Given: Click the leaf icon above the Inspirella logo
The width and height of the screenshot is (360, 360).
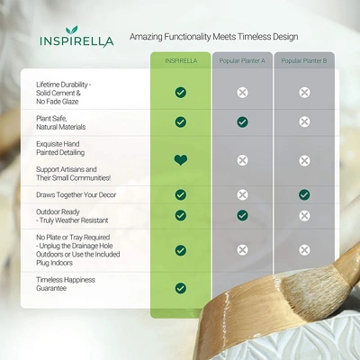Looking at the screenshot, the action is (x=72, y=30).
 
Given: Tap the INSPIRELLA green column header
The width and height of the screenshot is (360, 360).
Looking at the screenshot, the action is (x=181, y=61).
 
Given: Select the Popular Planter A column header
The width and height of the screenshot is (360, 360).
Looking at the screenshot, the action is (x=242, y=61).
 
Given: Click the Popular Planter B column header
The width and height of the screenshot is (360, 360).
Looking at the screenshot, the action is (x=304, y=61).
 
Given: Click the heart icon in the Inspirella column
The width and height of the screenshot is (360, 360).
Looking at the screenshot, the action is (x=181, y=160).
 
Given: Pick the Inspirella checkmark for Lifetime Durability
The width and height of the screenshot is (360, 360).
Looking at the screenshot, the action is (x=181, y=93).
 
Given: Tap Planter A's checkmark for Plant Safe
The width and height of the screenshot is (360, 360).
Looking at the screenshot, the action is (x=242, y=122).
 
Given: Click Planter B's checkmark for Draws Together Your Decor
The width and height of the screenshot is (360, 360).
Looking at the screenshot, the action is (x=304, y=194).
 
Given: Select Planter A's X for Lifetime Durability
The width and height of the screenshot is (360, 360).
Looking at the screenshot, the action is (x=242, y=93).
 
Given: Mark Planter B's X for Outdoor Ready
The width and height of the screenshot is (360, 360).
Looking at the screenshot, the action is (x=304, y=216).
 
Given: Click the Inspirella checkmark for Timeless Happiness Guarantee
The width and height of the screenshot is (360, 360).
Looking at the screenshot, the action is (x=181, y=288).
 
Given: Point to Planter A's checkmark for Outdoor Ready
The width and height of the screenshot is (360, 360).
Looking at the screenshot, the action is (x=242, y=215).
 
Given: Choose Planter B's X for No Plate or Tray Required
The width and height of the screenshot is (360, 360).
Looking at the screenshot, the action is (x=304, y=250).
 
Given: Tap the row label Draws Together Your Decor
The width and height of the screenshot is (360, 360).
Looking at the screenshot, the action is (x=76, y=195).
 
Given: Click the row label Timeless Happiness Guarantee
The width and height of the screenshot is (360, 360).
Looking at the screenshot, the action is (x=66, y=284).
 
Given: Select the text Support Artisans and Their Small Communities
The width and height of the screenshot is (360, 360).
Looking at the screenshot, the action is (x=74, y=174).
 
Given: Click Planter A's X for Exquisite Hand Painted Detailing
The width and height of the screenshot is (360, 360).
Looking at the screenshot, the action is (x=242, y=160).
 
